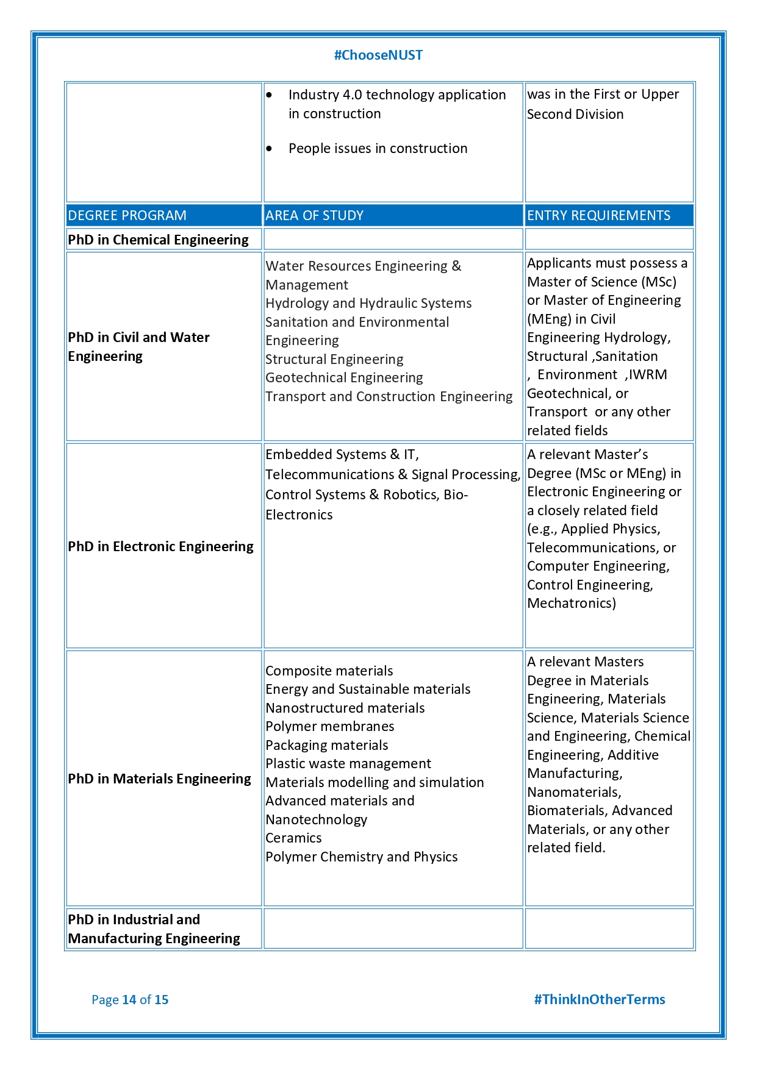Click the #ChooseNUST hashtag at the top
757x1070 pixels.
tap(378, 55)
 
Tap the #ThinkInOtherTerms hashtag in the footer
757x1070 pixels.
tap(599, 999)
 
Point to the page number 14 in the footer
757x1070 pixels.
tap(129, 1000)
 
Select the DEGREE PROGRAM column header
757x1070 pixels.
tap(127, 215)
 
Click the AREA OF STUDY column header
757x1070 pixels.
tap(314, 215)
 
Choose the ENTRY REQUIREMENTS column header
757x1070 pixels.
tap(598, 215)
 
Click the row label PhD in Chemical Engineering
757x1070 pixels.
tap(158, 240)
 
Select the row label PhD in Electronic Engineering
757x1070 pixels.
tap(160, 546)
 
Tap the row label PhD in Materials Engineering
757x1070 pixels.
tap(159, 779)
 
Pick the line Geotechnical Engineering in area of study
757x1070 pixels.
tap(344, 378)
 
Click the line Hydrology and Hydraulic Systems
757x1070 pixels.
tap(368, 304)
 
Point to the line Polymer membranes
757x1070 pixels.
tap(329, 727)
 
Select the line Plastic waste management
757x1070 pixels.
tap(348, 764)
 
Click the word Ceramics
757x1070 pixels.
tap(293, 838)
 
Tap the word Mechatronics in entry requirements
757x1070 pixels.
tap(570, 604)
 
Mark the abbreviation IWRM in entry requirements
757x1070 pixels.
tap(648, 375)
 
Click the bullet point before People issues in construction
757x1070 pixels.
tap(269, 149)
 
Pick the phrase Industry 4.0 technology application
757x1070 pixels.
tap(396, 95)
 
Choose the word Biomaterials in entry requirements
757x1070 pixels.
tap(567, 811)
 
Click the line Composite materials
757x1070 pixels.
tap(329, 671)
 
